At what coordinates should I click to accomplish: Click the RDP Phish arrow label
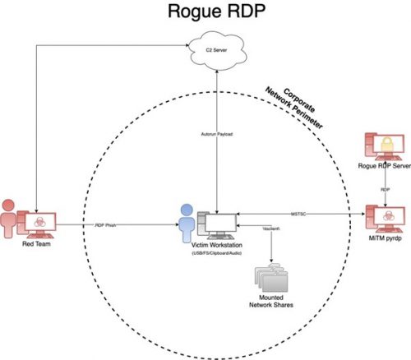tap(109, 223)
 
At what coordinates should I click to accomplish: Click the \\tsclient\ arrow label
tap(265, 228)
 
